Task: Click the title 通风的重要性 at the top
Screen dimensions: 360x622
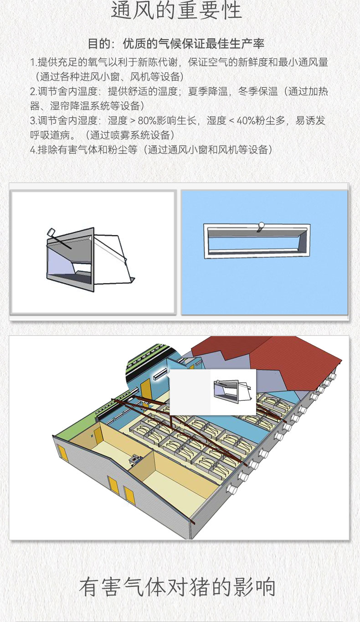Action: [x=176, y=10]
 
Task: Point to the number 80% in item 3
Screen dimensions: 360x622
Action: [x=147, y=121]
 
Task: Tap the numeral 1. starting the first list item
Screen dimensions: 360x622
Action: [x=33, y=62]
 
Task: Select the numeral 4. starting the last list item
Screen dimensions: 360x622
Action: [x=33, y=150]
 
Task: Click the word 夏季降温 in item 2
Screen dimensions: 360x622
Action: [x=208, y=91]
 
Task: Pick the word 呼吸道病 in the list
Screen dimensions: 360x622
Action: [x=50, y=135]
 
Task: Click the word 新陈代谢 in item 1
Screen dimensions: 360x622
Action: [x=158, y=62]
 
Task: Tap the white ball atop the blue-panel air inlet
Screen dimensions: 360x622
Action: [x=261, y=225]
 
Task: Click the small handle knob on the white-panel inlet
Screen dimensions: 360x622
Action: [x=51, y=232]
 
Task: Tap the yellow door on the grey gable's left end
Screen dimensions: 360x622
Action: [x=62, y=453]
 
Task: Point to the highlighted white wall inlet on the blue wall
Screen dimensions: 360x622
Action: [x=160, y=374]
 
